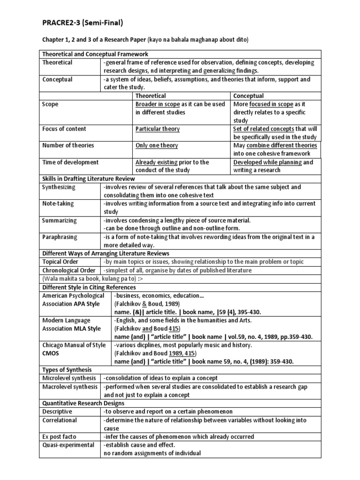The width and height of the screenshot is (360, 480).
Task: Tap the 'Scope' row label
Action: click(x=50, y=104)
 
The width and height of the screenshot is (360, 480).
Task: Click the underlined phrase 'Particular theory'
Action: click(x=157, y=129)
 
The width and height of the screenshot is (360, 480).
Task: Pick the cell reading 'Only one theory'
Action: click(x=157, y=145)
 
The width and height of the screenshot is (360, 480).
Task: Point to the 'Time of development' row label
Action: click(x=70, y=162)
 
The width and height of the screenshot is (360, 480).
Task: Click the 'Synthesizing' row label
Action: click(x=59, y=187)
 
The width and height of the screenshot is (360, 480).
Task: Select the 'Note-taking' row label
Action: click(x=58, y=203)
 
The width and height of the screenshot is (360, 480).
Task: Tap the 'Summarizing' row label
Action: click(x=59, y=220)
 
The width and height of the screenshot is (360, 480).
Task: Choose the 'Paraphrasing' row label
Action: click(x=60, y=237)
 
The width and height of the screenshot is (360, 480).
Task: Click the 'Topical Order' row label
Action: click(x=60, y=262)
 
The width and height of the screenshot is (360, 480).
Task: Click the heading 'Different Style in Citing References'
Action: click(x=89, y=287)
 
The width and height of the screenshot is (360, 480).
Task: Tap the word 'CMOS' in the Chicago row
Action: click(x=52, y=353)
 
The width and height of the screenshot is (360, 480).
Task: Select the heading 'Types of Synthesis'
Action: click(x=65, y=370)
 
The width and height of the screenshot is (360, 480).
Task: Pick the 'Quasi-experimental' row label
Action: click(x=68, y=445)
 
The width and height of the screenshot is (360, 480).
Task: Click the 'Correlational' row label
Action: click(x=60, y=420)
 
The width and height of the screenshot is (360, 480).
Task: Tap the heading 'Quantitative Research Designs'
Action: click(x=83, y=403)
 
